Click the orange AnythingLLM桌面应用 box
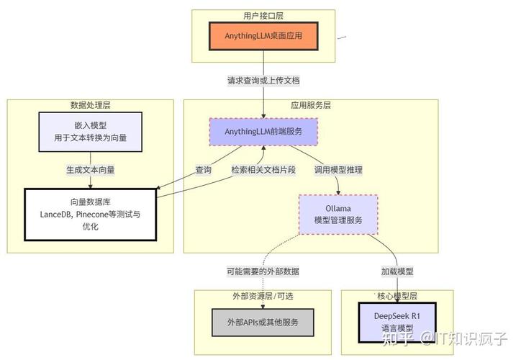tap(263, 35)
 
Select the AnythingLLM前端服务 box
tap(263, 132)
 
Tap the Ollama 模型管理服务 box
tap(338, 214)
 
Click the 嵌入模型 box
tap(90, 131)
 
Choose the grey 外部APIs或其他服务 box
tap(263, 322)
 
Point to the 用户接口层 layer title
tap(263, 16)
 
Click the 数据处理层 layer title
tap(90, 105)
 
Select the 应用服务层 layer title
tap(311, 105)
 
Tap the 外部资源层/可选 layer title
tap(263, 296)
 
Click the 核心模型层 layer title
tap(397, 296)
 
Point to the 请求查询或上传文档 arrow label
tap(263, 80)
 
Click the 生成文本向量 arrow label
tap(90, 171)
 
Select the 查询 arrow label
tap(203, 171)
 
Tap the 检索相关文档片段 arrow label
tap(263, 171)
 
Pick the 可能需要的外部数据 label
tap(263, 272)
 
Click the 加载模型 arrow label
tap(397, 272)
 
